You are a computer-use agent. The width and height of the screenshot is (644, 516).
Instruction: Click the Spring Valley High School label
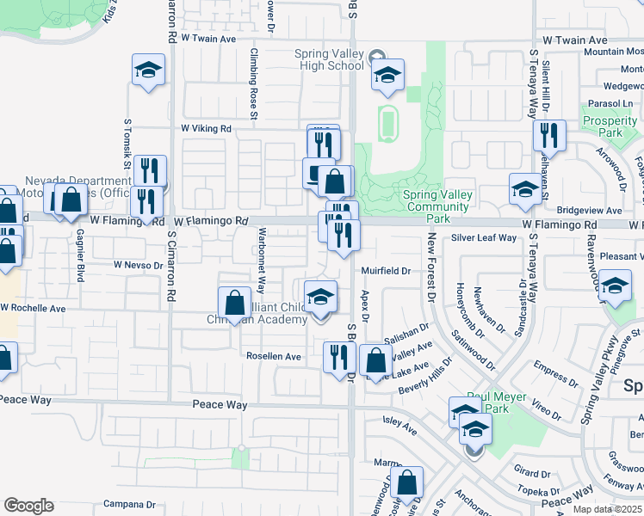click(329, 59)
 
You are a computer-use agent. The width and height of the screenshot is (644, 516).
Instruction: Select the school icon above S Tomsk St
click(148, 71)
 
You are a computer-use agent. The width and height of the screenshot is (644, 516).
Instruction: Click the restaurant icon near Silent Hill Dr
click(548, 136)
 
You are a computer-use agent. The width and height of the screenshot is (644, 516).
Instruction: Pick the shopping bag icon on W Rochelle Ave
click(234, 303)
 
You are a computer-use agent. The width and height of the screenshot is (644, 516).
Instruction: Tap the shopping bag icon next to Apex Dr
click(375, 361)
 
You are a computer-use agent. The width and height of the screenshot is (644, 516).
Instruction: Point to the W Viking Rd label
click(206, 128)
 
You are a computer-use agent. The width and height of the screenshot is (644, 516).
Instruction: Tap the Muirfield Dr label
click(384, 270)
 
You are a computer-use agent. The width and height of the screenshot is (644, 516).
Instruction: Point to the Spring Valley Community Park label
click(438, 201)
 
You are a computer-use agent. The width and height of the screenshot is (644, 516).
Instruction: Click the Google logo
click(28, 506)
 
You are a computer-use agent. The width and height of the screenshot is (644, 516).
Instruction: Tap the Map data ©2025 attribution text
click(607, 509)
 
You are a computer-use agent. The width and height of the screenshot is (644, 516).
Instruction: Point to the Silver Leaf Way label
click(483, 238)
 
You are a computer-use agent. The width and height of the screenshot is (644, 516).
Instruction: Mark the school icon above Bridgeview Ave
click(525, 188)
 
